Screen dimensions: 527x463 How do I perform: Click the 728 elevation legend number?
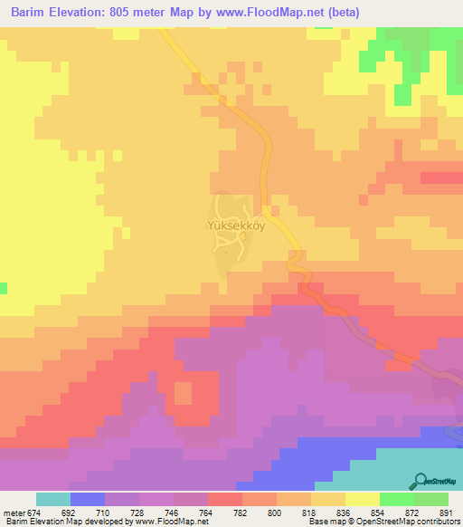point(122,512)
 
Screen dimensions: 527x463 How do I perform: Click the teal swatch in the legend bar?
point(53,499)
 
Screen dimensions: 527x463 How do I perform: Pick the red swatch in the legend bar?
point(225,499)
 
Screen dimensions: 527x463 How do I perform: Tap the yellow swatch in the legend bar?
point(363,499)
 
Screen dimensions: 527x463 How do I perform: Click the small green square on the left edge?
point(3,289)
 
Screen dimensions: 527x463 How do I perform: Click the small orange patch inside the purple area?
point(183,393)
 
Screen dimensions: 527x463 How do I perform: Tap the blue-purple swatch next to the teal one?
point(88,499)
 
